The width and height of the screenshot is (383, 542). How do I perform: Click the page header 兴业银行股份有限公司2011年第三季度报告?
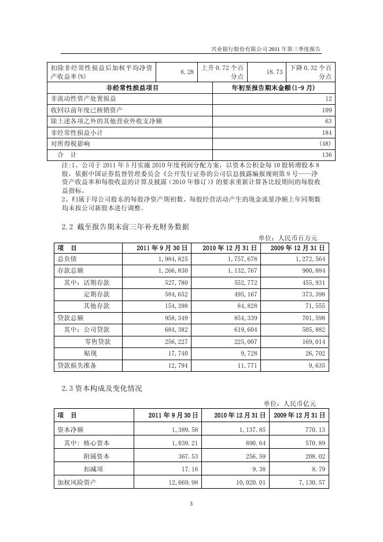click(274, 49)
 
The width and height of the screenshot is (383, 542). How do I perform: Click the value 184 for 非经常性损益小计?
click(327, 132)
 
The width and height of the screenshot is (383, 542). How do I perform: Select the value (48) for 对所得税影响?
click(325, 144)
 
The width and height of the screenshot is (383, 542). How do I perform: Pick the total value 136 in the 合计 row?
click(327, 155)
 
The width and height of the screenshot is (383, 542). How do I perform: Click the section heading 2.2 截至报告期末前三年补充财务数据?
click(125, 226)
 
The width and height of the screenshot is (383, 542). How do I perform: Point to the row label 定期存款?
click(97, 294)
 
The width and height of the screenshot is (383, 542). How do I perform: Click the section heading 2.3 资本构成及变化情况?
click(101, 388)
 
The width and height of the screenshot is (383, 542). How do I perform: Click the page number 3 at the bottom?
click(191, 504)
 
